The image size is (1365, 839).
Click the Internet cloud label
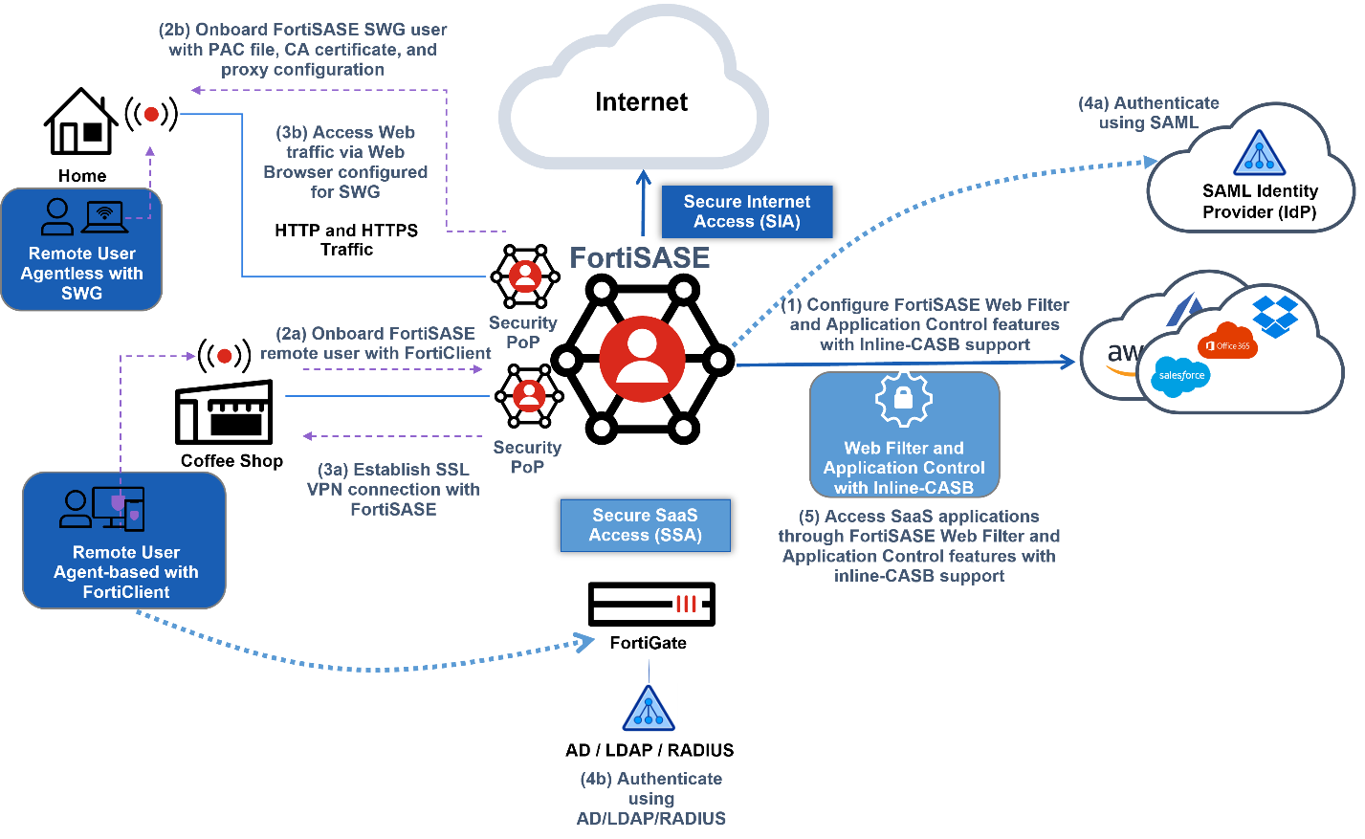pyautogui.click(x=641, y=102)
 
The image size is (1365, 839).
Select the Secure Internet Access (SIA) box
pyautogui.click(x=747, y=211)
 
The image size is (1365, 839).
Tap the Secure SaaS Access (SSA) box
pyautogui.click(x=645, y=525)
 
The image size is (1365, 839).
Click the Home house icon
pyautogui.click(x=81, y=122)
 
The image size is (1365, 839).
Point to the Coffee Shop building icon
pyautogui.click(x=224, y=412)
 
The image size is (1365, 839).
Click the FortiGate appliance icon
pyautogui.click(x=650, y=604)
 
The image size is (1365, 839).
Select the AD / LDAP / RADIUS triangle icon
pyautogui.click(x=649, y=709)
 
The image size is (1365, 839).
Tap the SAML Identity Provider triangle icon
pyautogui.click(x=1259, y=153)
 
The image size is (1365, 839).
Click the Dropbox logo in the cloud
pyautogui.click(x=1275, y=316)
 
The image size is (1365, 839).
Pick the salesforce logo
pyautogui.click(x=1181, y=375)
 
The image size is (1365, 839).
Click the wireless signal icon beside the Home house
pyautogui.click(x=151, y=115)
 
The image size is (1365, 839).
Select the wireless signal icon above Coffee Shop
pyautogui.click(x=224, y=356)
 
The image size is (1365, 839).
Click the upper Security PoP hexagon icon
pyautogui.click(x=525, y=276)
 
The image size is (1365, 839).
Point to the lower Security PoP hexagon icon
pyautogui.click(x=529, y=396)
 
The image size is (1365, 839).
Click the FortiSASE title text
pyautogui.click(x=639, y=257)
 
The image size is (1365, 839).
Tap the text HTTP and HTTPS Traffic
pyautogui.click(x=346, y=240)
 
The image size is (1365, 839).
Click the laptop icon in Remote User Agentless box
pyautogui.click(x=105, y=217)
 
